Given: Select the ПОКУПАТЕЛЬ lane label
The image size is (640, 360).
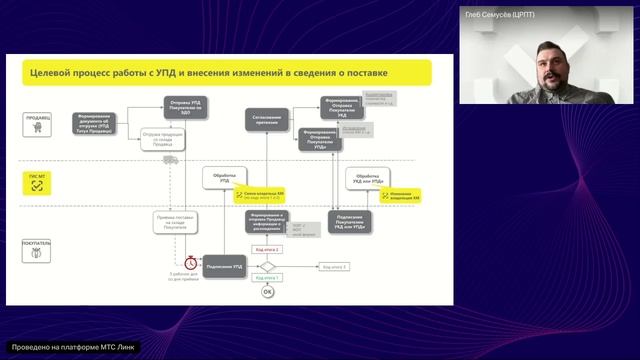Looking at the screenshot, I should (x=39, y=243).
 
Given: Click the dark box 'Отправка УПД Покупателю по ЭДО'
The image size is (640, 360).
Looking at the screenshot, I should (x=185, y=108).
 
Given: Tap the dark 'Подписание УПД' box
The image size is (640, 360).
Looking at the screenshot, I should (x=226, y=266).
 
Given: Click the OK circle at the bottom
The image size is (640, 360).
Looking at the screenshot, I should (x=267, y=291).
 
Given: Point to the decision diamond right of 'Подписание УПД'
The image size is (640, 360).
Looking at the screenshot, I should (x=267, y=266).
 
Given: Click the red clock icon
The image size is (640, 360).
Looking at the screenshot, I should (x=174, y=260).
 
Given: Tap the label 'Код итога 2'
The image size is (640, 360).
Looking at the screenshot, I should (x=268, y=248).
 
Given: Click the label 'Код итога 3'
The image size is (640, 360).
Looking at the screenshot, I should (x=333, y=267).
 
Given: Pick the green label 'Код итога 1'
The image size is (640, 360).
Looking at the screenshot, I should (x=266, y=277).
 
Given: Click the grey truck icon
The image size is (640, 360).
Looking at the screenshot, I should (x=170, y=159).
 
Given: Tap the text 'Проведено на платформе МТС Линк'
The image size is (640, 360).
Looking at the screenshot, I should (x=70, y=347).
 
